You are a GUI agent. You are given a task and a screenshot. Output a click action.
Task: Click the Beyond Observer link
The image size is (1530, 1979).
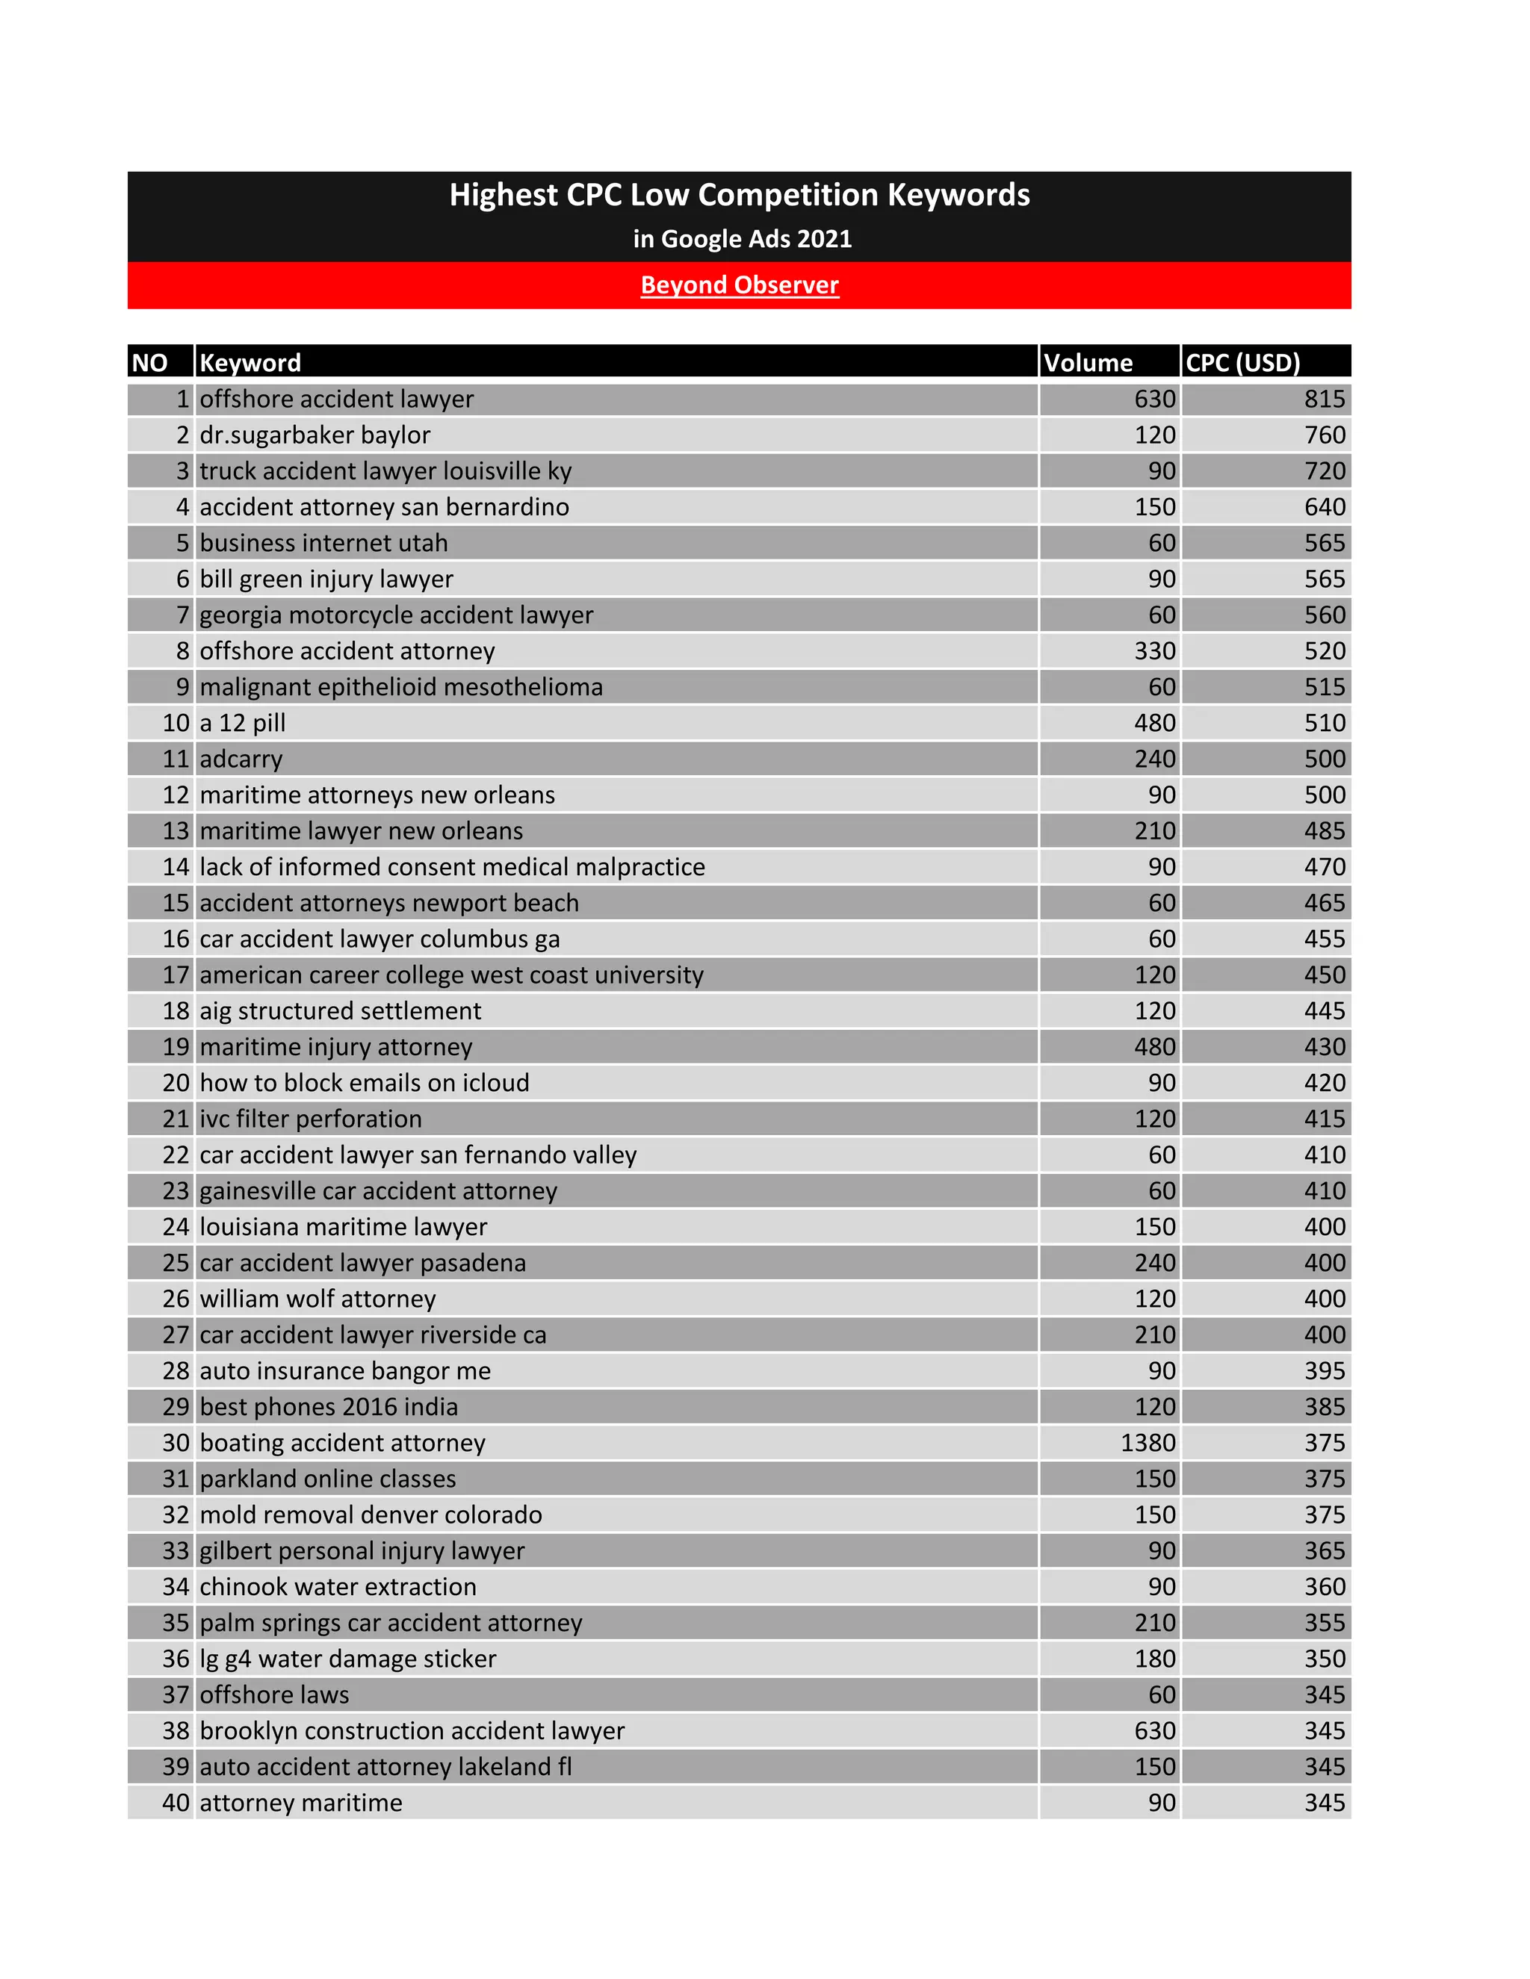click(x=740, y=285)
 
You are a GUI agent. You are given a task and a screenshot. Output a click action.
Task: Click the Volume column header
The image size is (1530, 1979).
click(x=1088, y=362)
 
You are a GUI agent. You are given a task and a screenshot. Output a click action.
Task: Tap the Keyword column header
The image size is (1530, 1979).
click(x=250, y=362)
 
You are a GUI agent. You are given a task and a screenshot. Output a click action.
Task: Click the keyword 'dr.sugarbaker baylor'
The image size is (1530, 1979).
click(x=315, y=435)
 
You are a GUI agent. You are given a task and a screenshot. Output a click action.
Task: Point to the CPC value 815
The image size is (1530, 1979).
click(x=1325, y=399)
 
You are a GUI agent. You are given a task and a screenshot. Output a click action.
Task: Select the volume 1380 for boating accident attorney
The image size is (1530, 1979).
click(x=1147, y=1443)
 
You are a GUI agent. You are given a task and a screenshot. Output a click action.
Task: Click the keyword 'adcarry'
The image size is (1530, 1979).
click(x=241, y=759)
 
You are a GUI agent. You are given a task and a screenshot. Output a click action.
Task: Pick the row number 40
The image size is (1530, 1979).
click(x=176, y=1802)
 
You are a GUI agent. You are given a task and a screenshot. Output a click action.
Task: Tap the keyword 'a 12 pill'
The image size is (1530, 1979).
click(x=242, y=723)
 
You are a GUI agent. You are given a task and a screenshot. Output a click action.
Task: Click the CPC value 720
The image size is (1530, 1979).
click(x=1325, y=471)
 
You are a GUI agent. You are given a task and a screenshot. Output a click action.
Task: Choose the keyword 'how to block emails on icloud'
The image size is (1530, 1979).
click(x=365, y=1083)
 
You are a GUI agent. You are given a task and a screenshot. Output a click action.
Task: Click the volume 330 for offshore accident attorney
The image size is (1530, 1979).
click(x=1155, y=650)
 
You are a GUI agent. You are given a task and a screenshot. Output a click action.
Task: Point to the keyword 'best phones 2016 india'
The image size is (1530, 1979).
click(x=328, y=1406)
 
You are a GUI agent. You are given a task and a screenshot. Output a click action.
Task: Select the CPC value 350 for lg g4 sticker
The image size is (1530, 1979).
click(x=1325, y=1658)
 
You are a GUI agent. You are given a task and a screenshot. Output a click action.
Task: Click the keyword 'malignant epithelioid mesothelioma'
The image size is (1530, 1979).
click(x=400, y=687)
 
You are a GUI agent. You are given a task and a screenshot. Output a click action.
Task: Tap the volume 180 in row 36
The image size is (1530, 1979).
click(x=1155, y=1658)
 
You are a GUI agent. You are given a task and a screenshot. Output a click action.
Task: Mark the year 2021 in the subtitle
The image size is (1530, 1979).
click(x=825, y=239)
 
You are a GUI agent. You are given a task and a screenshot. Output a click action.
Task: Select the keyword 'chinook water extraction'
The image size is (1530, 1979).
click(x=337, y=1587)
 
